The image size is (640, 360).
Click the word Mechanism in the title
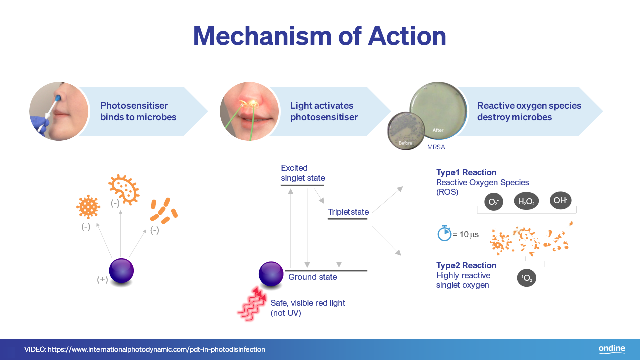[x=262, y=36]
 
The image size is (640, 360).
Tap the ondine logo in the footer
[x=612, y=349]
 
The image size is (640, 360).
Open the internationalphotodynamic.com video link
[x=156, y=349]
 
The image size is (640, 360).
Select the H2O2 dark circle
[x=526, y=201]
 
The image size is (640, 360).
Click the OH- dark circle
[x=560, y=200]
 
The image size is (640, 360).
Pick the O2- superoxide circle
[x=493, y=202]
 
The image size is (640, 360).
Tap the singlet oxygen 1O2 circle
[x=527, y=278]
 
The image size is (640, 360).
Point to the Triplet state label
[x=348, y=212]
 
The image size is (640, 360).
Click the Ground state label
[x=313, y=277]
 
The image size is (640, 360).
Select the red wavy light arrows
[x=252, y=304]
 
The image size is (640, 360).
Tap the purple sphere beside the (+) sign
[x=121, y=271]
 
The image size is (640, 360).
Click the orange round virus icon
[x=88, y=207]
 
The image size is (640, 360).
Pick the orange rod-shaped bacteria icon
[x=164, y=211]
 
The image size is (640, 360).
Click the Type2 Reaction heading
[x=466, y=265]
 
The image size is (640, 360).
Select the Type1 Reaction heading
[x=466, y=172]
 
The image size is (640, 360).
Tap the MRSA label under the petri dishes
[x=436, y=147]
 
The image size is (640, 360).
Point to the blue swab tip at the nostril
[x=58, y=99]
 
